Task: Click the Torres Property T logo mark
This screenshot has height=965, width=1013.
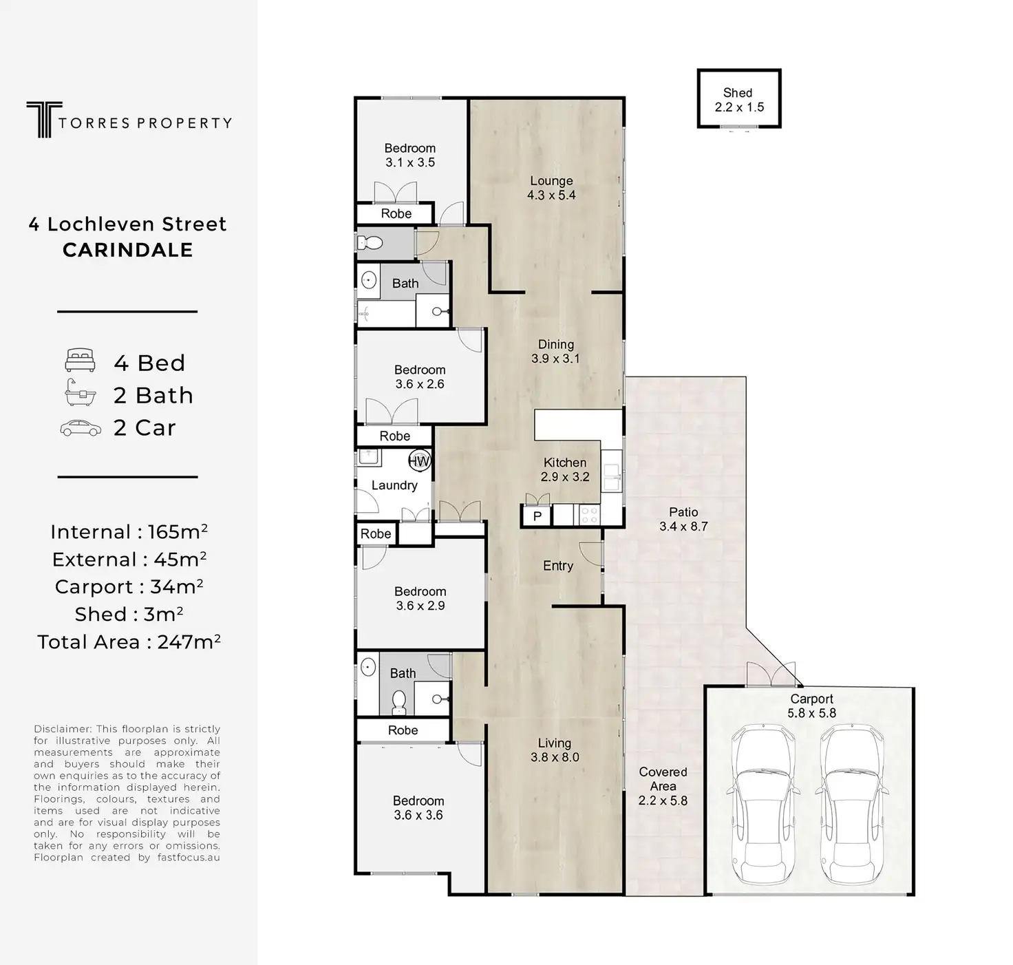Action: click(x=43, y=119)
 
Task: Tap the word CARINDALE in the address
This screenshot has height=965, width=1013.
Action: click(x=128, y=250)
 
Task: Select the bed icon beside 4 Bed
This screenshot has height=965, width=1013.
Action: click(x=80, y=361)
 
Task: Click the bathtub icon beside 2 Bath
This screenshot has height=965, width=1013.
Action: click(x=81, y=392)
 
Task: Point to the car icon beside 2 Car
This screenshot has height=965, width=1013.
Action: click(x=81, y=428)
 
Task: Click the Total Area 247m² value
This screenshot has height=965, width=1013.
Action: click(x=189, y=641)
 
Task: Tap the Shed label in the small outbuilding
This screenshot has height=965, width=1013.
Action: click(x=737, y=93)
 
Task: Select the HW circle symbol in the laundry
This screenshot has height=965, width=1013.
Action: click(x=419, y=460)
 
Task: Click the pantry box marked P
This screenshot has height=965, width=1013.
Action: click(x=537, y=516)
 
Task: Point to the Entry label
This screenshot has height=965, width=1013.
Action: click(x=558, y=566)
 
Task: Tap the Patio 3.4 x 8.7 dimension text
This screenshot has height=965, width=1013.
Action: click(x=683, y=527)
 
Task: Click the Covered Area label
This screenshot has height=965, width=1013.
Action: click(x=663, y=779)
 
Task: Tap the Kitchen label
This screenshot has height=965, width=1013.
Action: click(x=565, y=463)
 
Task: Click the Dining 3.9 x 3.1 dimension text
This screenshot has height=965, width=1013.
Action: click(x=555, y=359)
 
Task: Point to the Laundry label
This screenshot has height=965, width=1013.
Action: click(x=394, y=485)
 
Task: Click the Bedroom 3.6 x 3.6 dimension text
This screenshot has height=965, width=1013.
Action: click(x=418, y=815)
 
